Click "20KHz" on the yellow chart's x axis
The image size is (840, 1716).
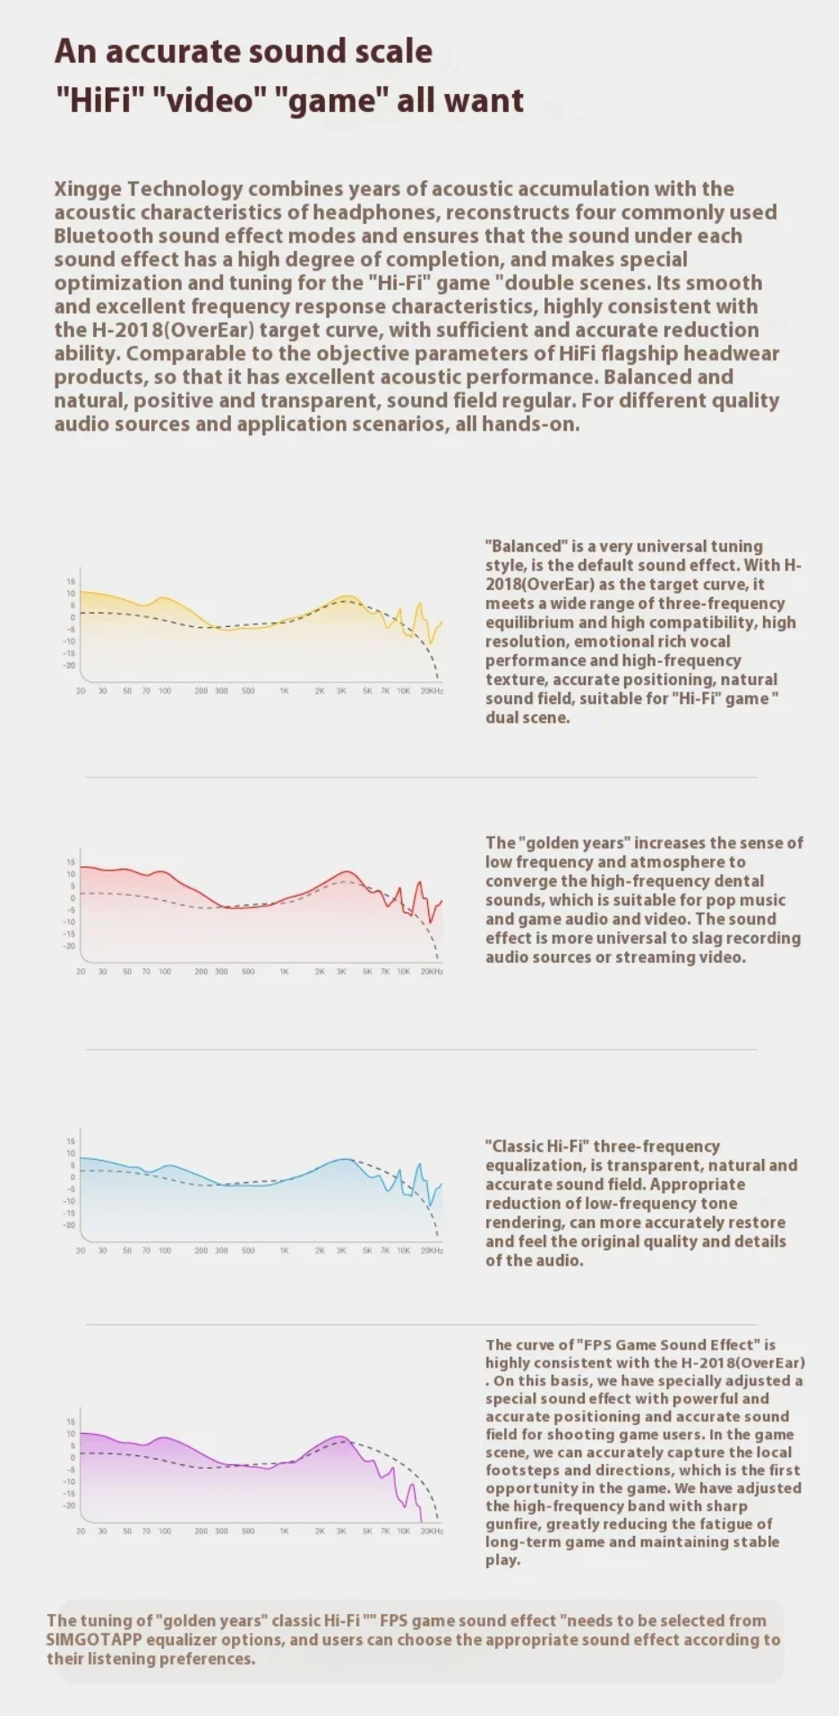[x=432, y=691]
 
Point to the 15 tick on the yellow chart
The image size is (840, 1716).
[x=71, y=581]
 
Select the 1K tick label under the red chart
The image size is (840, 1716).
[x=284, y=972]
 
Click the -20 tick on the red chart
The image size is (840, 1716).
[x=69, y=946]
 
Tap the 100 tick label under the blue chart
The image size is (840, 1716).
[x=165, y=1250]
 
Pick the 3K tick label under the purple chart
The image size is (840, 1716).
[x=341, y=1532]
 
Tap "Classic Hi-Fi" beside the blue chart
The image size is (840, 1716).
[x=536, y=1146]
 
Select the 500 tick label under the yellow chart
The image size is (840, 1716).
[x=248, y=691]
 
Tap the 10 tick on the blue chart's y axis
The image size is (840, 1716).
[x=71, y=1154]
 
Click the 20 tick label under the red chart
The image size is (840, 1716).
[x=81, y=972]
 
